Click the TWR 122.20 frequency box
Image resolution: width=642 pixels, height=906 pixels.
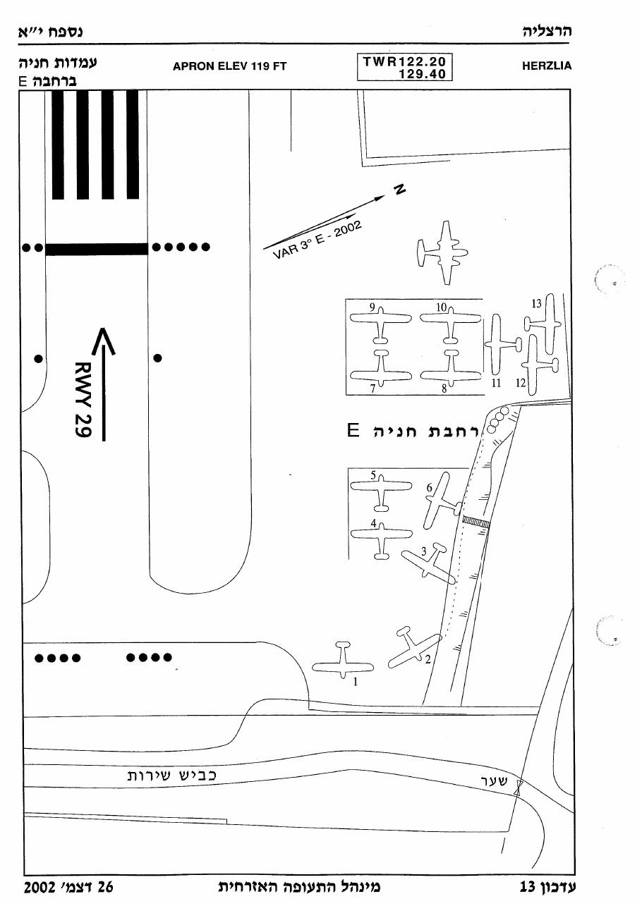(404, 67)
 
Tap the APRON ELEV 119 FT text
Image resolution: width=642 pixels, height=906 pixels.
(229, 66)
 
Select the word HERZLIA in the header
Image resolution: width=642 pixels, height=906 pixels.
(547, 66)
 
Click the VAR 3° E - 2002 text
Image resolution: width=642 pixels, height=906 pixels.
(317, 240)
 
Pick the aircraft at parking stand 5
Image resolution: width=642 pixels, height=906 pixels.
(381, 493)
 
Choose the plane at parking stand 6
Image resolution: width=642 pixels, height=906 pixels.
(441, 501)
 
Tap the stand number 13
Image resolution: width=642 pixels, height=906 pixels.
(536, 304)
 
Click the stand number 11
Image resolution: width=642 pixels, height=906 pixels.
(497, 383)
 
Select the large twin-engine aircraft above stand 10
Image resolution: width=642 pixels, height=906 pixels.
(443, 252)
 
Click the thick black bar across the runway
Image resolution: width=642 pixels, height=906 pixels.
(97, 249)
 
